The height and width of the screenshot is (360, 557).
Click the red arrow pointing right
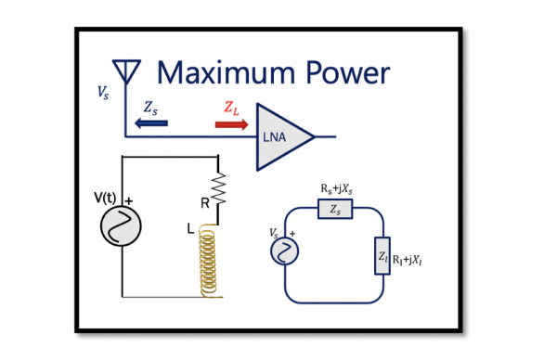point(231,122)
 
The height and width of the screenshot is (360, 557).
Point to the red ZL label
point(232,107)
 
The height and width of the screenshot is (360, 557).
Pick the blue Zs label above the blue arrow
point(151,107)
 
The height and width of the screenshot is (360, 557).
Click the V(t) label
point(109,197)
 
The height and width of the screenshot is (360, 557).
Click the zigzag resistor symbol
point(219,191)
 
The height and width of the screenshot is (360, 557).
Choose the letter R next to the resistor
point(204,200)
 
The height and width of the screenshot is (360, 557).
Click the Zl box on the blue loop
point(382,255)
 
